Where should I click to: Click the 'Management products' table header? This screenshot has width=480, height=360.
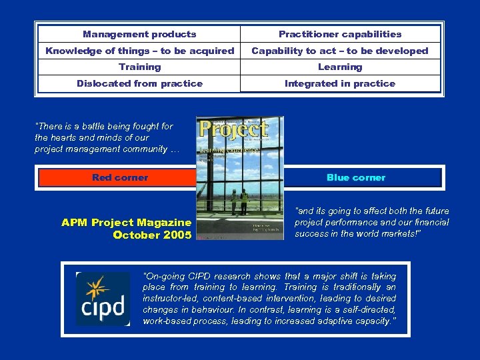point(139,34)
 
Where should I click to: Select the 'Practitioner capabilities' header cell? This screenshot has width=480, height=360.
point(340,34)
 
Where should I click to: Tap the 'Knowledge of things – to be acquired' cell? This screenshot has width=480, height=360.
point(139,51)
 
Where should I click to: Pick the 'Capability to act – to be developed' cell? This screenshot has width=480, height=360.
point(340,51)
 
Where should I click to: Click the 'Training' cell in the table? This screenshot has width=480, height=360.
point(139,67)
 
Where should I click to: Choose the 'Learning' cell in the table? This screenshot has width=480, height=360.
point(340,67)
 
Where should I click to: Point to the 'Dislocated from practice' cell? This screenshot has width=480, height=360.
point(139,83)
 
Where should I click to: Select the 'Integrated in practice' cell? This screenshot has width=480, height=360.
point(340,83)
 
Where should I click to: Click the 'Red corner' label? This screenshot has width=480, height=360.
point(120,177)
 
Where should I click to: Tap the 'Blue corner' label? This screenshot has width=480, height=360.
point(356,177)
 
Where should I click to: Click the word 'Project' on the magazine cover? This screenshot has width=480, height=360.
point(234,129)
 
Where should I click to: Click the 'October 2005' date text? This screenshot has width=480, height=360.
point(152,235)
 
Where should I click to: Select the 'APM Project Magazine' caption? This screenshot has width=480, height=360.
point(126,223)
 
